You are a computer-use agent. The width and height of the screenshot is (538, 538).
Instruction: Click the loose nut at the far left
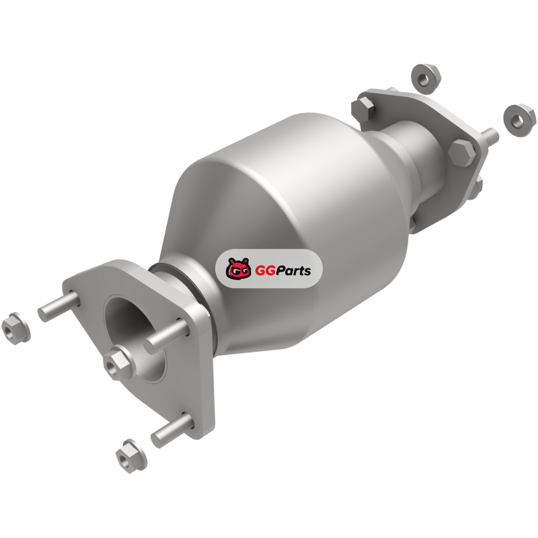(x=15, y=328)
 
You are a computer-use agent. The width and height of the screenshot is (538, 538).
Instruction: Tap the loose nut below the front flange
(x=130, y=456)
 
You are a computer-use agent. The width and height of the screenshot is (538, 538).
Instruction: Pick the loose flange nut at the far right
(x=518, y=120)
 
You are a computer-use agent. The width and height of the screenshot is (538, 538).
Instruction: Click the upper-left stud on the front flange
(x=59, y=306)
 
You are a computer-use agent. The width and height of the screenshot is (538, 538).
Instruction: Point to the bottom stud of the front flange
(x=172, y=430)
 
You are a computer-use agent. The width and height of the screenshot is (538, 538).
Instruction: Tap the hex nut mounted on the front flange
(x=118, y=364)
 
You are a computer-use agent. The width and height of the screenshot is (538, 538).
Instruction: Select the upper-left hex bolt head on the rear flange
(x=364, y=109)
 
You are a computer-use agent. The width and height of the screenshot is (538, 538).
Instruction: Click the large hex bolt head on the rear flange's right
(x=462, y=153)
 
